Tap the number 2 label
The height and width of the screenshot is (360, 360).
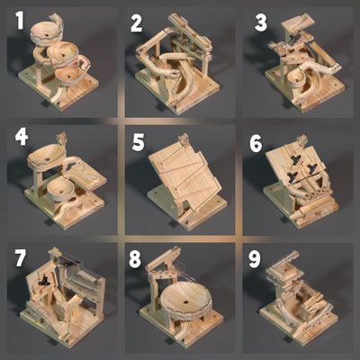[136, 23]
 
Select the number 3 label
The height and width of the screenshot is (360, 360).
[261, 22]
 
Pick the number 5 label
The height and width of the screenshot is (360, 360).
[138, 141]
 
